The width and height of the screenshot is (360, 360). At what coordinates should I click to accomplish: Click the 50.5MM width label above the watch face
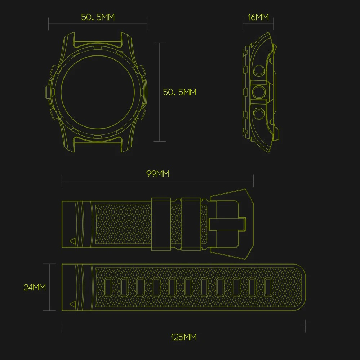coord(98,17)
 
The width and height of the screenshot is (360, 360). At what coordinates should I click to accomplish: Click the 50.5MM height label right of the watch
coord(179,92)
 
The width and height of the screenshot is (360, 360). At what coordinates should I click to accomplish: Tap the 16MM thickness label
coord(258,17)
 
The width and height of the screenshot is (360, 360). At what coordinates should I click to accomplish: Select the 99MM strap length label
coord(158,174)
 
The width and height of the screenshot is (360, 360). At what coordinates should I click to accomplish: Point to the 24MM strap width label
coord(35,287)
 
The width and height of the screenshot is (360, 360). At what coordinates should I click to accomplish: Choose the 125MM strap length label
coord(184,337)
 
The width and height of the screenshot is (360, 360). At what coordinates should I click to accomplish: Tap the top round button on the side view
coord(259,71)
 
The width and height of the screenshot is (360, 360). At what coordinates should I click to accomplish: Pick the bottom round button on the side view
coord(259,113)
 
